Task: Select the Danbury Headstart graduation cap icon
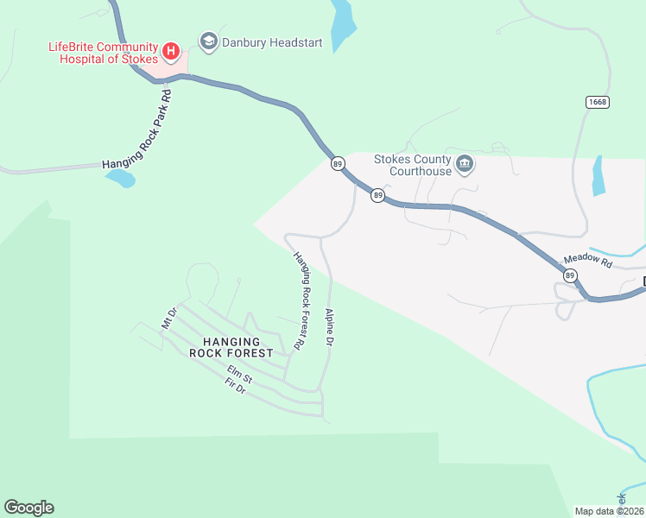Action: [207, 41]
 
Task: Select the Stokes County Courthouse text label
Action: [412, 165]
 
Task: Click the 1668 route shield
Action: [597, 102]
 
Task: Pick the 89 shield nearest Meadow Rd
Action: [570, 275]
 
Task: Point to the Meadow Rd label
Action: [587, 260]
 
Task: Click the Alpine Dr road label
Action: [328, 328]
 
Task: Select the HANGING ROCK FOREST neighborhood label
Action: [231, 347]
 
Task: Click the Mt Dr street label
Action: [169, 318]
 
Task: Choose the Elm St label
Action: [239, 375]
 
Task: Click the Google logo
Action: [28, 508]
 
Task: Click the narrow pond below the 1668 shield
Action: [598, 175]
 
